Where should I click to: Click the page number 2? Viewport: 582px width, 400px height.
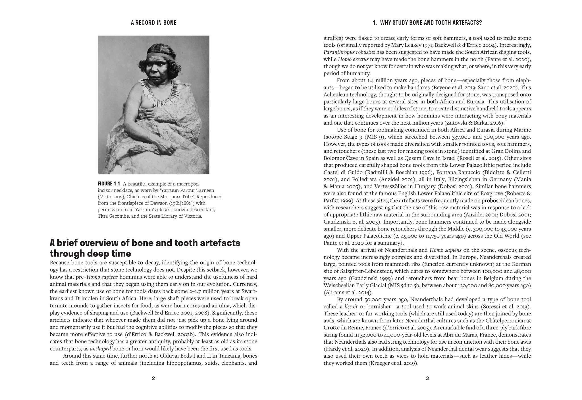[x=153, y=378]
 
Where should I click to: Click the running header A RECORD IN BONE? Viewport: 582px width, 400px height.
[x=153, y=23]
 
